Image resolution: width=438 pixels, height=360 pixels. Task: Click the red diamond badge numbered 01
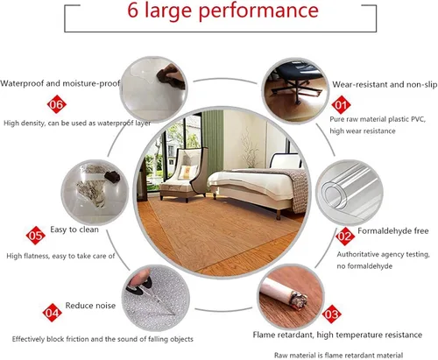(x=341, y=105)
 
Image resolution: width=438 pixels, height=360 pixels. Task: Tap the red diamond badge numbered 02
(x=345, y=236)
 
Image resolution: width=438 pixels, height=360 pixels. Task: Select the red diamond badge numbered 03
(x=332, y=314)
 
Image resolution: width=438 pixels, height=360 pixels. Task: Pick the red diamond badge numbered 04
(x=52, y=313)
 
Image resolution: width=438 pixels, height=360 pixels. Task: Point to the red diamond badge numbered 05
(x=36, y=236)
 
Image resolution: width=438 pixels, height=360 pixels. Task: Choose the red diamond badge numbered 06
(x=57, y=104)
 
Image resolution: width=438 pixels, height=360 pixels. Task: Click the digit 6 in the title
(x=132, y=11)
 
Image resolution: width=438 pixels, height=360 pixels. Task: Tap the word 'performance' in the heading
(x=258, y=12)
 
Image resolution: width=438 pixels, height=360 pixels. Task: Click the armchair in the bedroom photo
(x=183, y=174)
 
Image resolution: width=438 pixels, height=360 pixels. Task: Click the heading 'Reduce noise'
(x=90, y=306)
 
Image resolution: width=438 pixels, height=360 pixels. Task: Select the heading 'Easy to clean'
(x=74, y=229)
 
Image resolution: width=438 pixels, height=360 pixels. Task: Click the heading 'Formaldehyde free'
(x=393, y=231)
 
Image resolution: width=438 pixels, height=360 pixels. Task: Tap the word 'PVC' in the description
(x=418, y=119)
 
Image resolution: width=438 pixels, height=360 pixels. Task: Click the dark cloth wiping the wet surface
(x=171, y=76)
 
